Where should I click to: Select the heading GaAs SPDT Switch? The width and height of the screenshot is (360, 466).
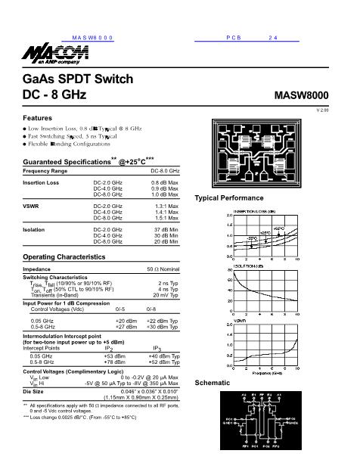point(79,79)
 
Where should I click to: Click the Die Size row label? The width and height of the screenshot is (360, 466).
point(36,391)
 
